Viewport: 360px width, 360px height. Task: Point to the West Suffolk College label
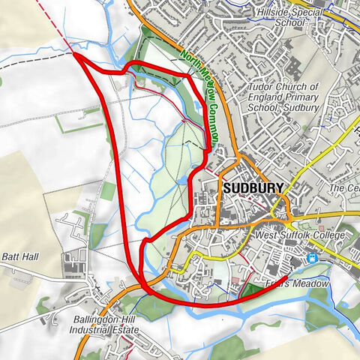pos(301,236)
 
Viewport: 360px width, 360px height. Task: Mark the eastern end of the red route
pos(286,280)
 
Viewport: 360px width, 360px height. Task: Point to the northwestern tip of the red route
pos(75,54)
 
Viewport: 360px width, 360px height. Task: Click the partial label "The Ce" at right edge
pos(346,188)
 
